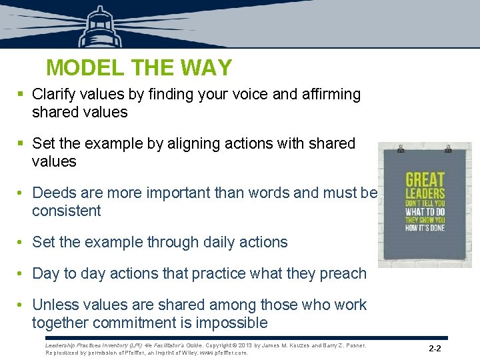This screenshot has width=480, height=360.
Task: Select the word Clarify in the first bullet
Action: coord(54,95)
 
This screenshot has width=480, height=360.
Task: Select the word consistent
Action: coord(66,211)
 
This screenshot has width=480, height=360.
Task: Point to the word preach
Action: coord(343,273)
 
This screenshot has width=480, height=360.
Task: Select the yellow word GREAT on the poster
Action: coord(425,179)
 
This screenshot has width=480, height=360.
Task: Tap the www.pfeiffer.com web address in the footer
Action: coord(223,353)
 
